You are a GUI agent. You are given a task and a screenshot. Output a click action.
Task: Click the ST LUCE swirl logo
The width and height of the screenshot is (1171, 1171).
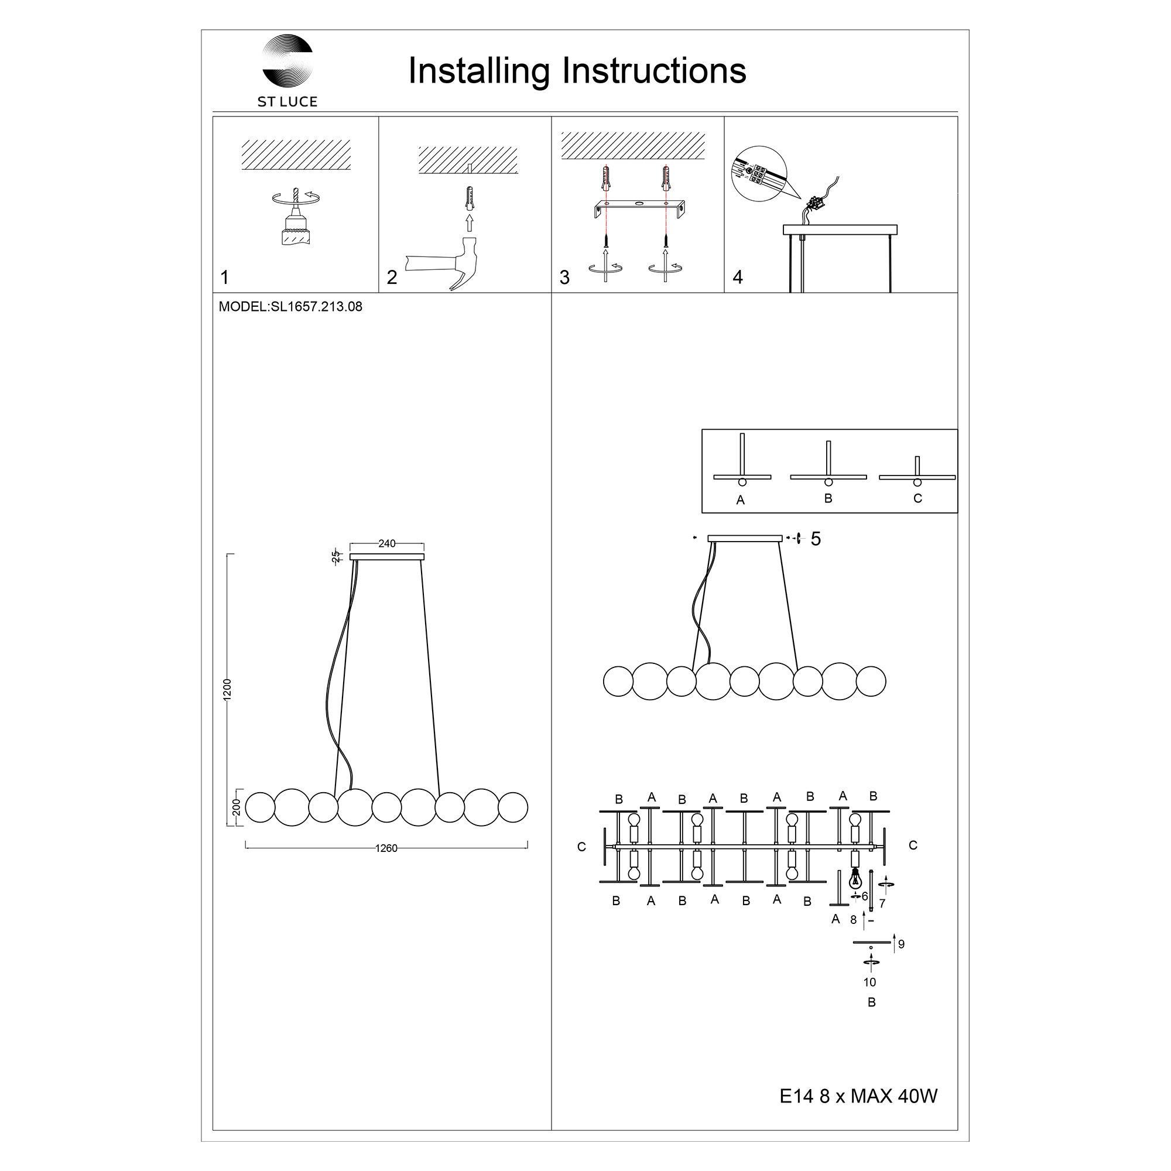(x=287, y=61)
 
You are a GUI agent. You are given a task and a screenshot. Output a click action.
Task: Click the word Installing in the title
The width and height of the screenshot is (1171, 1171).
(x=479, y=71)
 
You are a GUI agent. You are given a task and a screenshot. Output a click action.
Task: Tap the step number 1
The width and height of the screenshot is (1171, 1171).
(x=225, y=278)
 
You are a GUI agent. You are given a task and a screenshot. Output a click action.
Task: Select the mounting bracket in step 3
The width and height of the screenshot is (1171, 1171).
(x=639, y=209)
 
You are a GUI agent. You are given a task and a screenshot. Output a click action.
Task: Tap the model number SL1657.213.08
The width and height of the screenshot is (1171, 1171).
(x=316, y=307)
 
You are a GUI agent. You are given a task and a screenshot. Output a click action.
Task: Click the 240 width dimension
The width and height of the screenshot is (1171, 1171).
(x=386, y=544)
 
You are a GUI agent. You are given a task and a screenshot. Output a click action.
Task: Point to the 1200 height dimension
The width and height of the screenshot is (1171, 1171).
(x=227, y=690)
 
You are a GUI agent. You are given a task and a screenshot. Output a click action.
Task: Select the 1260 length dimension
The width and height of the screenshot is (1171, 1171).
(x=386, y=848)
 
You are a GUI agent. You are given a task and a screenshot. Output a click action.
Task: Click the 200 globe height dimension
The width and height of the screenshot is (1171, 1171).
(x=237, y=807)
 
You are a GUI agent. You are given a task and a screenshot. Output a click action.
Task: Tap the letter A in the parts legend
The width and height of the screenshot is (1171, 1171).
(x=740, y=501)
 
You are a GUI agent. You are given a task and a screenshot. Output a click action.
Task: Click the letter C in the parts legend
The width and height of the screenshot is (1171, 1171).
(x=917, y=498)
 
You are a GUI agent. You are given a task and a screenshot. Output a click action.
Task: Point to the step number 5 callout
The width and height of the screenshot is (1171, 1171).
(x=816, y=539)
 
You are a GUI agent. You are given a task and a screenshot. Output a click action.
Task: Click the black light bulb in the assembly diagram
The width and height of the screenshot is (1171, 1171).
(x=855, y=878)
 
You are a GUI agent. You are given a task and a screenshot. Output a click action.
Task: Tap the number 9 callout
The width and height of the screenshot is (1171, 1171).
(x=901, y=944)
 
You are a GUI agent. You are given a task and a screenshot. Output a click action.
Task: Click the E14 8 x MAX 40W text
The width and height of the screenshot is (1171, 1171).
(x=858, y=1096)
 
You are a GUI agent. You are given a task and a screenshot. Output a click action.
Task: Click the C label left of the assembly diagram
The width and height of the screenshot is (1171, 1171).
(x=582, y=847)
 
